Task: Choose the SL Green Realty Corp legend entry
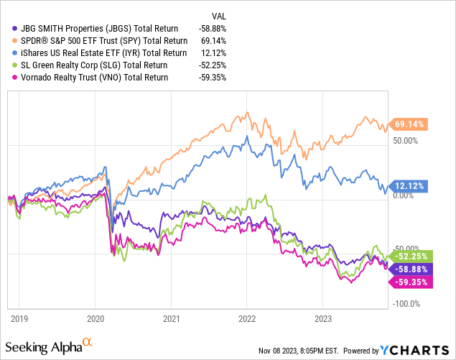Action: (90, 65)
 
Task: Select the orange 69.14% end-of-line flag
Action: (406, 124)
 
